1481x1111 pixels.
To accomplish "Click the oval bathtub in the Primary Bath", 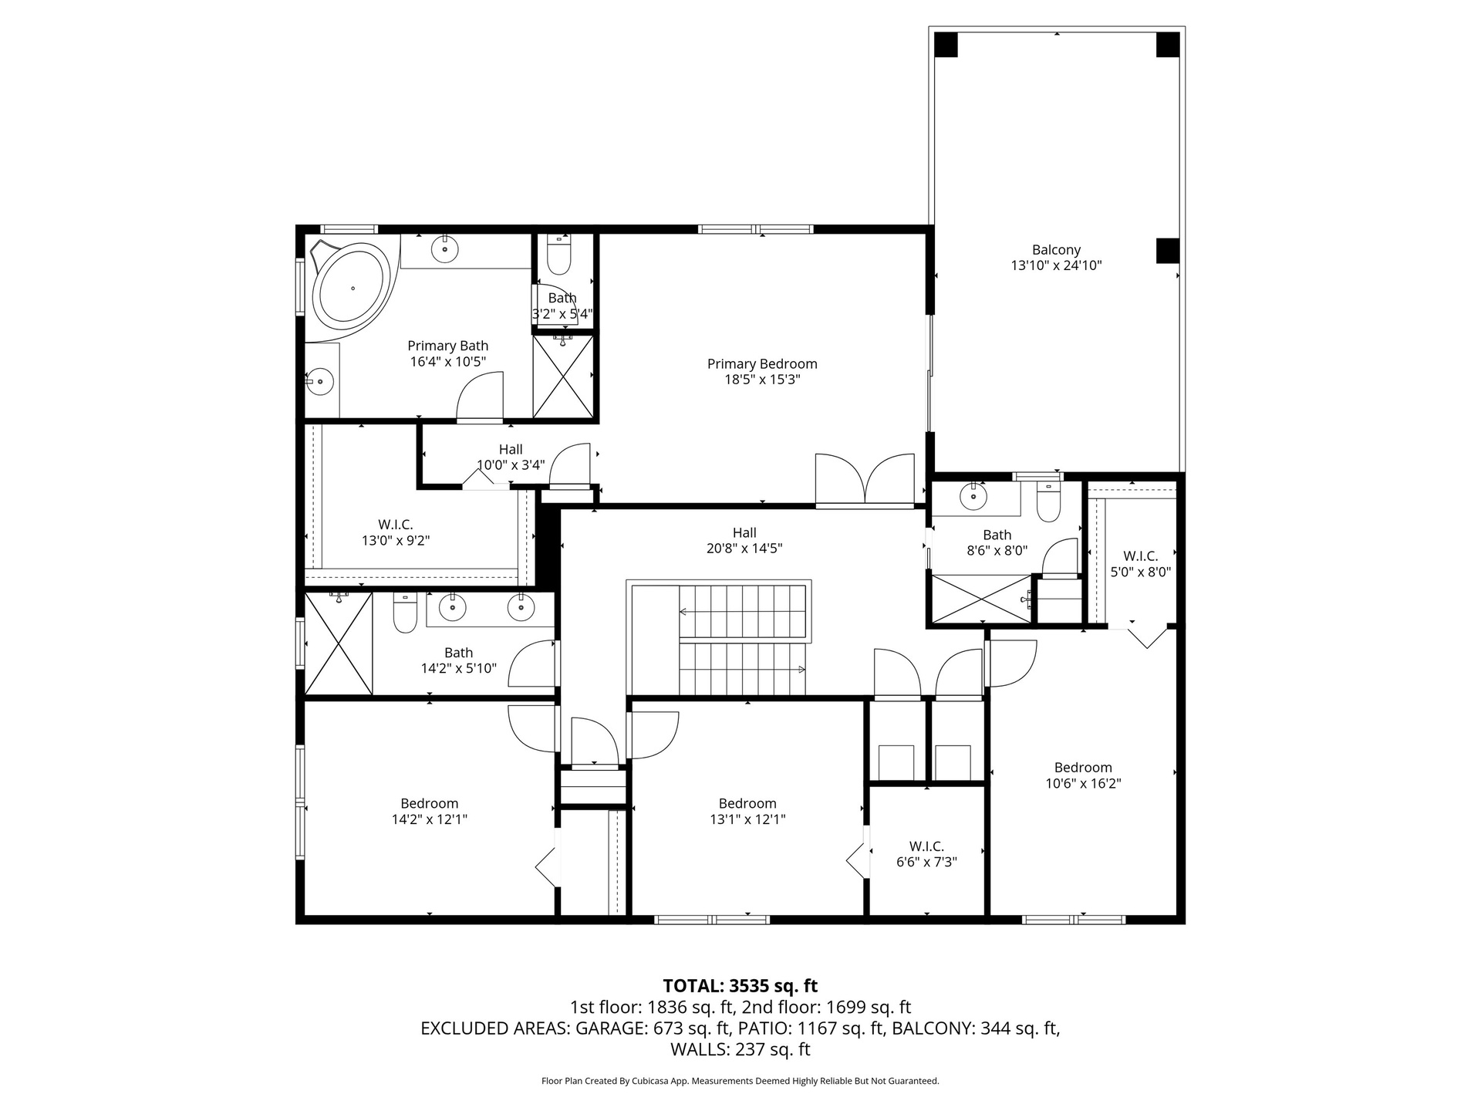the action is point(353,288).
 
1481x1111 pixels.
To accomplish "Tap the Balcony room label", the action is point(1056,250).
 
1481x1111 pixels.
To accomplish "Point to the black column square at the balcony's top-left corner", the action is point(946,45).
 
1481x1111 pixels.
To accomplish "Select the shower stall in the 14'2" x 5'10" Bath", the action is point(339,643).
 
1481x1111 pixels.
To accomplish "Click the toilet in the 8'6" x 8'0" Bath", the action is point(1049,501).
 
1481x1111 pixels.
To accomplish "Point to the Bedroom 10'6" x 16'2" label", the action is point(1083,775).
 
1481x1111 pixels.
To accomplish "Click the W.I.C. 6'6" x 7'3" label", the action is point(926,854).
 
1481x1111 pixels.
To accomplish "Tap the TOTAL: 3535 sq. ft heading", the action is point(740,986).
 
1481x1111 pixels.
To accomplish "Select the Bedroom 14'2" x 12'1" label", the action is point(430,812).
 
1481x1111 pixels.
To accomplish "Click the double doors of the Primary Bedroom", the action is point(865,481).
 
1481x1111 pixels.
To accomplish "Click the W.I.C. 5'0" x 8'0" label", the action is point(1141,564).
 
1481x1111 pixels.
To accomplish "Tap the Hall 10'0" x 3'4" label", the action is point(511,458).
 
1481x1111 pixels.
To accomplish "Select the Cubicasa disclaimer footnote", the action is point(740,1081).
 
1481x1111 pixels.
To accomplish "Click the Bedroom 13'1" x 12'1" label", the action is point(747,812).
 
